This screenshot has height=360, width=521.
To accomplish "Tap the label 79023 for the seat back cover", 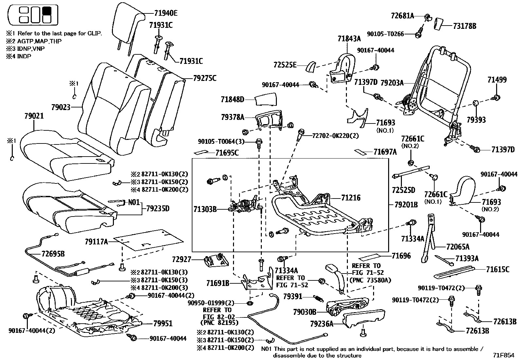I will coord(61,107).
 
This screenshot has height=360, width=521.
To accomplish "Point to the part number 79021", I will coord(34,116).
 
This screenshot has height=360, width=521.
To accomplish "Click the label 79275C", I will coord(205,78).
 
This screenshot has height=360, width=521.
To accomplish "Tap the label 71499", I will coord(497,80).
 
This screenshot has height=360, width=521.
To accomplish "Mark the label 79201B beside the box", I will coord(406,205).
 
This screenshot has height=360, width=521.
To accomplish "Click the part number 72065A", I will coord(458,247).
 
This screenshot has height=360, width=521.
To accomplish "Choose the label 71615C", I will coord(497,270).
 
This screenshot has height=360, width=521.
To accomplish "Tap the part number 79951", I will coord(163,324).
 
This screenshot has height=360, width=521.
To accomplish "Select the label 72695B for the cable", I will coord(53,254).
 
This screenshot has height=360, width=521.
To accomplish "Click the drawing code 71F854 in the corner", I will coord(504,354).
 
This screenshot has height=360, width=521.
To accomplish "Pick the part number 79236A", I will coord(322,324).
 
